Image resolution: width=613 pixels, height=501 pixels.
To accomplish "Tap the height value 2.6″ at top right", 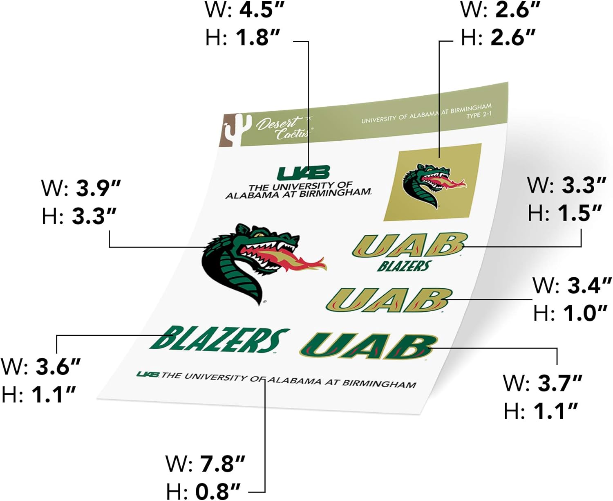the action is (x=512, y=37).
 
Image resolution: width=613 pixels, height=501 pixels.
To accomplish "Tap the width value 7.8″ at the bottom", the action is (x=222, y=464).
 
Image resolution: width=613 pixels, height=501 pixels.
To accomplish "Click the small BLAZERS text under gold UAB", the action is (x=404, y=266).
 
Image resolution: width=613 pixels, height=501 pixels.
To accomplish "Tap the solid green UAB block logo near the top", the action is (x=303, y=173).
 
